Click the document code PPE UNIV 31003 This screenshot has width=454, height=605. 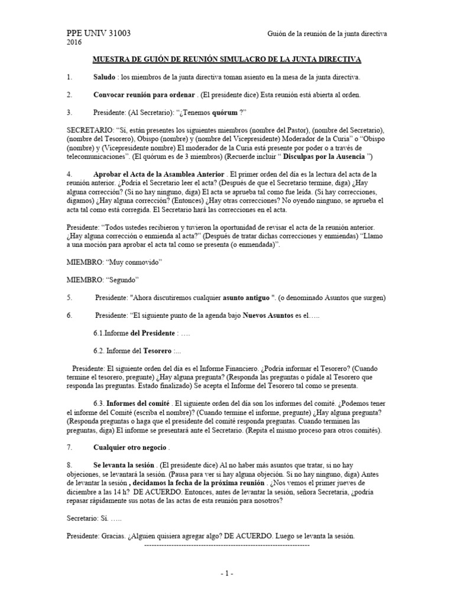pos(99,34)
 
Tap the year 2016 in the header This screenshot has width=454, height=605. pos(74,43)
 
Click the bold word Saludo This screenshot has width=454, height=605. pos(104,77)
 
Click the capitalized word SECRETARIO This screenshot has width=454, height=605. pos(91,129)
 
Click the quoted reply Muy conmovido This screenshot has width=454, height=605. pos(136,261)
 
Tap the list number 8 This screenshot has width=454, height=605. pos(69,466)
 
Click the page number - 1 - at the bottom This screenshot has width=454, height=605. pos(227,573)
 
